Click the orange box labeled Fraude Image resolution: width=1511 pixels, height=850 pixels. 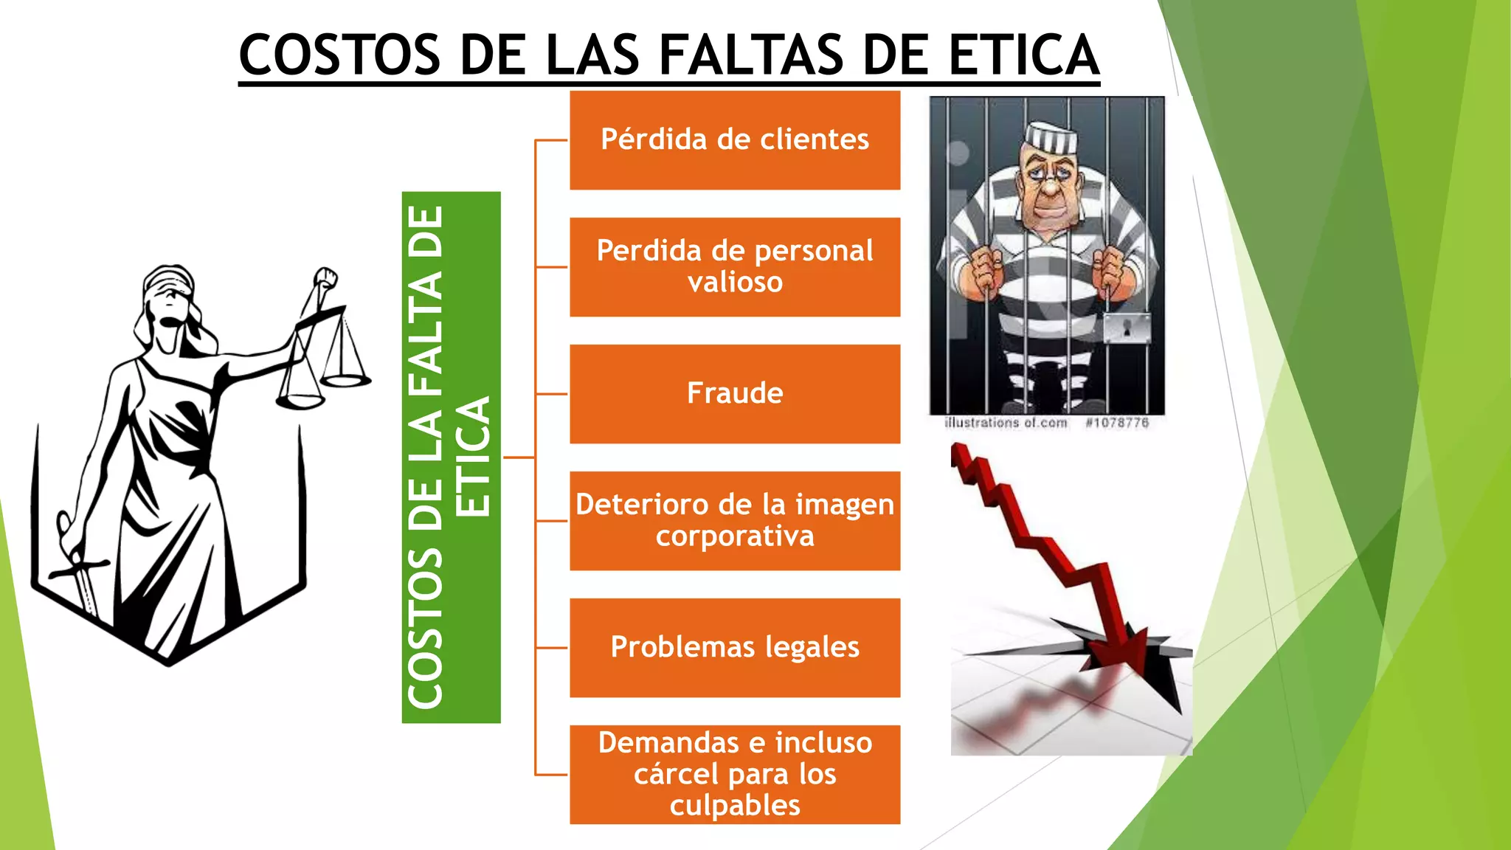pyautogui.click(x=735, y=394)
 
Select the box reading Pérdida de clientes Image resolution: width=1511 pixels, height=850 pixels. pyautogui.click(x=735, y=140)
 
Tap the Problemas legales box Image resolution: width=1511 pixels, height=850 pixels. pyautogui.click(x=735, y=648)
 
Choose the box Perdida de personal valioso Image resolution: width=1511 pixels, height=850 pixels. pyautogui.click(x=735, y=267)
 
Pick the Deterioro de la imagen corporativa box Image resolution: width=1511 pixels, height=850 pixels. pyautogui.click(x=735, y=521)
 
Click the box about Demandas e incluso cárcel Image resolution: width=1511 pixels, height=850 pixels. pyautogui.click(x=735, y=775)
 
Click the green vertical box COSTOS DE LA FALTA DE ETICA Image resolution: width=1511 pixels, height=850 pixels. pyautogui.click(x=451, y=457)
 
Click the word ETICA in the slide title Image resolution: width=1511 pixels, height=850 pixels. pyautogui.click(x=1023, y=55)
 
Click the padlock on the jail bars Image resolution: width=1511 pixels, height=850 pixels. pyautogui.click(x=1127, y=328)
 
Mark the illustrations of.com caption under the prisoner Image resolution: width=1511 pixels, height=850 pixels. pyautogui.click(x=1006, y=423)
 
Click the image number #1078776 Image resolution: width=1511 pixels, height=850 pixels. pyautogui.click(x=1117, y=423)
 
